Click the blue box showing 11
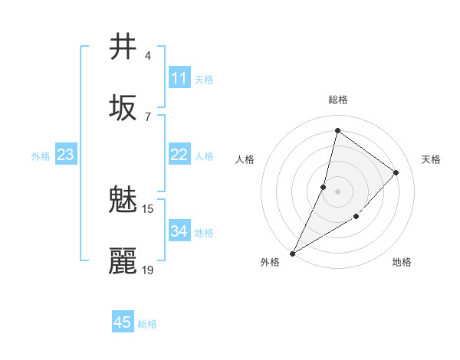(x=179, y=78)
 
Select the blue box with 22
(x=179, y=155)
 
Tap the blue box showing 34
(x=179, y=231)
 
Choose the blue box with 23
(x=65, y=155)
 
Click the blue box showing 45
(x=123, y=322)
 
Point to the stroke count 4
(x=148, y=56)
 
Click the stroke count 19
(x=148, y=270)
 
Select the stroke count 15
(x=148, y=208)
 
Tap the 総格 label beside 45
(x=147, y=324)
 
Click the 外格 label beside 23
(x=41, y=156)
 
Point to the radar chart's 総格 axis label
(x=337, y=100)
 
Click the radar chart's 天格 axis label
(x=431, y=159)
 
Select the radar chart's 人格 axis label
(x=245, y=159)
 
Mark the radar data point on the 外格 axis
(x=292, y=253)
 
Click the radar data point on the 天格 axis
(x=396, y=172)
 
